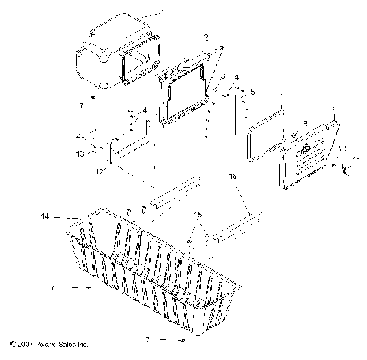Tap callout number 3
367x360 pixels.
coord(222,78)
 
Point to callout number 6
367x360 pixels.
coord(282,97)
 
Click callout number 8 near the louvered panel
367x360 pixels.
coord(304,122)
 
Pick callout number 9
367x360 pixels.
coord(334,110)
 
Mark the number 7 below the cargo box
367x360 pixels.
coord(92,101)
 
